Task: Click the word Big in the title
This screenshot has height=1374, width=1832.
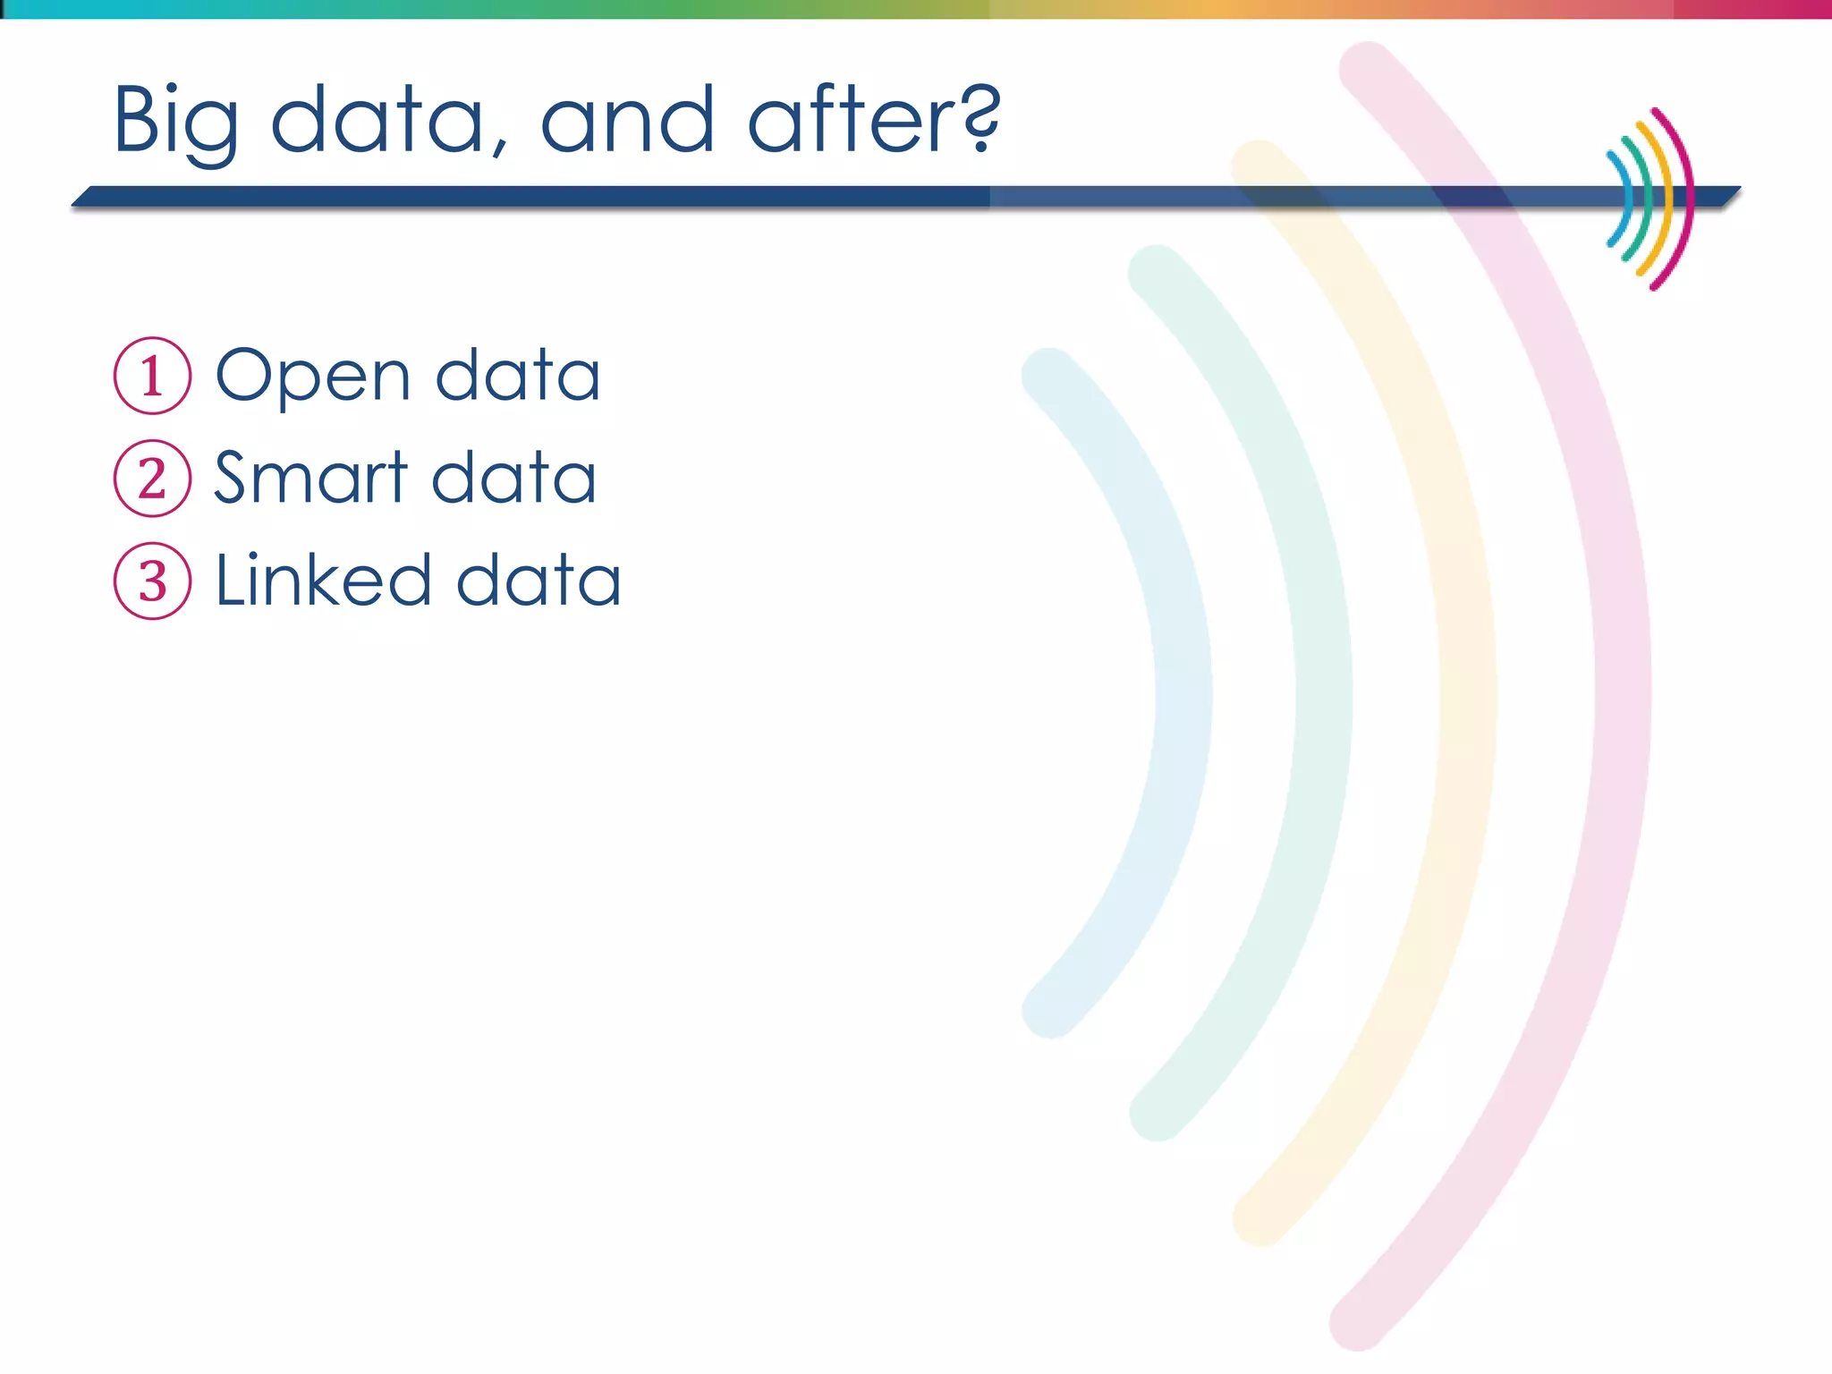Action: click(176, 121)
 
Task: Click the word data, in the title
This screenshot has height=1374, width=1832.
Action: click(389, 121)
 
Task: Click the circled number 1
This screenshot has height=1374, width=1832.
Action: click(152, 376)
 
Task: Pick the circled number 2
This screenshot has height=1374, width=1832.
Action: click(152, 479)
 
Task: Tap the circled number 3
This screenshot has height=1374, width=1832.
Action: click(152, 581)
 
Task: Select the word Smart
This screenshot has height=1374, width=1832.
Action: click(310, 478)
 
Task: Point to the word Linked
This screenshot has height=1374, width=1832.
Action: click(324, 581)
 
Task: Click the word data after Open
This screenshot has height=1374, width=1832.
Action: click(518, 376)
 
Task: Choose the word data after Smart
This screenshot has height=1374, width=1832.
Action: click(514, 478)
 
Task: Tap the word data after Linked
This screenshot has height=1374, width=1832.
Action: click(539, 581)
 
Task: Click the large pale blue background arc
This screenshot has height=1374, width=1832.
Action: click(1183, 693)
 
